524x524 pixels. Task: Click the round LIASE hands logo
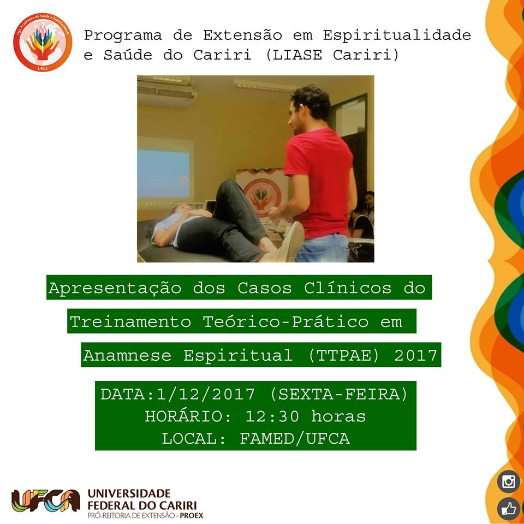tap(43, 43)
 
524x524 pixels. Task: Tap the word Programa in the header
tap(123, 35)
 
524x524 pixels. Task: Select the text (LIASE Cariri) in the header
tap(332, 55)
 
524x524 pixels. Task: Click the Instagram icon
tap(508, 481)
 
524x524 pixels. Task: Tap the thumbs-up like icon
tap(508, 509)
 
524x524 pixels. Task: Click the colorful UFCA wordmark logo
tap(46, 501)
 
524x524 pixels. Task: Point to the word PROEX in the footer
tap(192, 516)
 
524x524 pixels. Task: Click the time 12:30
tap(272, 416)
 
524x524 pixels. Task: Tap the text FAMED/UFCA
tap(295, 439)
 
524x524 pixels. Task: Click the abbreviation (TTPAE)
tap(343, 355)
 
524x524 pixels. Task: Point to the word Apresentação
tap(115, 288)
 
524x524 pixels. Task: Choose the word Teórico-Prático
tap(285, 322)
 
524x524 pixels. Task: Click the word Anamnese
tap(127, 355)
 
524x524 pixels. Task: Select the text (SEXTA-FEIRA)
tap(339, 394)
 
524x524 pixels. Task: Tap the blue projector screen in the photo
tap(163, 174)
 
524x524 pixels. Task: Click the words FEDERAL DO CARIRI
tap(142, 505)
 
